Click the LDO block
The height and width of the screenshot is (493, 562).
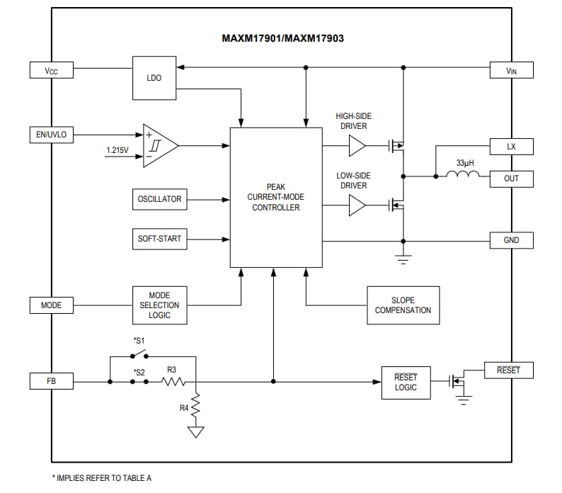pyautogui.click(x=154, y=78)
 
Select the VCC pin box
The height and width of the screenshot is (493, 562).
pyautogui.click(x=51, y=70)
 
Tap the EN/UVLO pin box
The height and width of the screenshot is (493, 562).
pyautogui.click(x=51, y=134)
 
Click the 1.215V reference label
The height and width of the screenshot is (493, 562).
pyautogui.click(x=117, y=151)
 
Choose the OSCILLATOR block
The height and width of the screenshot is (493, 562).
pyautogui.click(x=159, y=199)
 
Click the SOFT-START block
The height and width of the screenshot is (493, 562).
pyautogui.click(x=159, y=239)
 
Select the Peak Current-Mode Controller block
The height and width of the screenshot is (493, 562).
pyautogui.click(x=275, y=198)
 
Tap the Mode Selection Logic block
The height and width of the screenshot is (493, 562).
pyautogui.click(x=159, y=305)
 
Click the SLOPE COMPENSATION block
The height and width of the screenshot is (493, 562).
pyautogui.click(x=403, y=305)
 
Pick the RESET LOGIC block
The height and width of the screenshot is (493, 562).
pyautogui.click(x=406, y=382)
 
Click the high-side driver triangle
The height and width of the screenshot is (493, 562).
pyautogui.click(x=357, y=147)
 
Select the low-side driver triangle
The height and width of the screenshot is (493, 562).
pyautogui.click(x=357, y=205)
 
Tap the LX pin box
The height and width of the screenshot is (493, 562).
pyautogui.click(x=511, y=147)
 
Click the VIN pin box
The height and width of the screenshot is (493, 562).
pyautogui.click(x=511, y=70)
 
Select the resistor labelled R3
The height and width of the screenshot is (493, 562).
pyautogui.click(x=173, y=382)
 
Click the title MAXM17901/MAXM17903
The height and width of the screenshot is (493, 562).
pyautogui.click(x=282, y=38)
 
